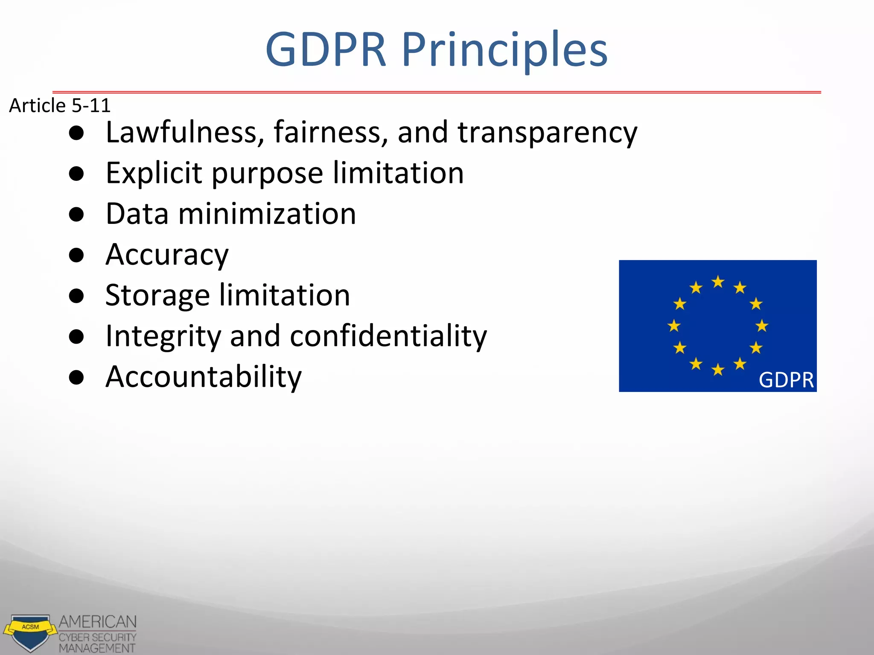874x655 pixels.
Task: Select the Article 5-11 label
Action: (x=60, y=105)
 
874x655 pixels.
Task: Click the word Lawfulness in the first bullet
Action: (x=181, y=132)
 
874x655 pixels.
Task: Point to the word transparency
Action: (x=547, y=133)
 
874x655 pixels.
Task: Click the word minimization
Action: (x=267, y=214)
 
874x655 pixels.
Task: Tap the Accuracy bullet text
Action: (x=167, y=255)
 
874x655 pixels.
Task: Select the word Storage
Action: (x=157, y=296)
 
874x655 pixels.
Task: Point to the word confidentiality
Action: (x=388, y=336)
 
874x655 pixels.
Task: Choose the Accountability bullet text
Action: (x=204, y=377)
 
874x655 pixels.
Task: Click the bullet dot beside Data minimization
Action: (x=76, y=214)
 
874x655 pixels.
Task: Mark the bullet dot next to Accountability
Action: (x=76, y=377)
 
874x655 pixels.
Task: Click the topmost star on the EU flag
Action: (x=718, y=282)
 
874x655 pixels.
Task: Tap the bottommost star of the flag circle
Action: (x=718, y=369)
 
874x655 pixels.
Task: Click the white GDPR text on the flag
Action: (x=786, y=380)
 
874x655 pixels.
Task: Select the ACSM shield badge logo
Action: (x=30, y=632)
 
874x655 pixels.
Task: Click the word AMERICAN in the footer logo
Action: (x=98, y=622)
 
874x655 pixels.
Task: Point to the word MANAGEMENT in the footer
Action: (x=97, y=648)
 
